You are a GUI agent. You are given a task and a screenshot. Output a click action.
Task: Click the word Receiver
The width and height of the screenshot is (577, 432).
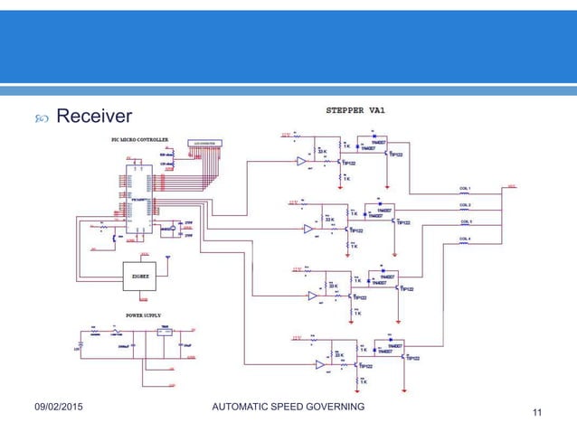tap(94, 116)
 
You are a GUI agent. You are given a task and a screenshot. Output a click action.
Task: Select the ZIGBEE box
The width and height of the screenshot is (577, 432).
tap(139, 271)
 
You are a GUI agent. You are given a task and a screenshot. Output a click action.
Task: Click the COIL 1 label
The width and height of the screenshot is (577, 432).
tap(466, 189)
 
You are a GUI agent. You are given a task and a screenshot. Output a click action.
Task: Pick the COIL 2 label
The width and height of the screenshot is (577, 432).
tap(466, 205)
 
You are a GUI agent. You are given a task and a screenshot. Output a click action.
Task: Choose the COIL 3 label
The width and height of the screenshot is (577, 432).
tap(466, 221)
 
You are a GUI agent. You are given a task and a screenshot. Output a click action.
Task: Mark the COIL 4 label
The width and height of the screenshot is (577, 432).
tap(466, 239)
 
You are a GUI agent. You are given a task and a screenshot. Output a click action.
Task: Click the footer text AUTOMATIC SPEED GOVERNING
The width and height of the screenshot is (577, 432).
tap(288, 408)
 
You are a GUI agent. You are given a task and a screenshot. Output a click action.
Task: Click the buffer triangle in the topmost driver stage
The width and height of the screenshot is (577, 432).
tap(301, 162)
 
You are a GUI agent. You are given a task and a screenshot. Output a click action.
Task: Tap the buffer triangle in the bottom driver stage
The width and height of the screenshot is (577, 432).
tap(318, 365)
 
